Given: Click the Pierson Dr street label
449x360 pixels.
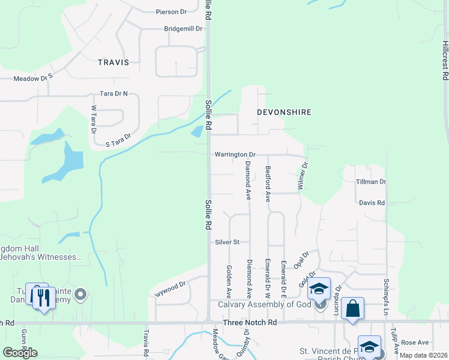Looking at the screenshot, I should (x=171, y=11).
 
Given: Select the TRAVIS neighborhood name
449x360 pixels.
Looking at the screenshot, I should (x=113, y=62).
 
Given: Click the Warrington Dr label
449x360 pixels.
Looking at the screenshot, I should (x=235, y=154).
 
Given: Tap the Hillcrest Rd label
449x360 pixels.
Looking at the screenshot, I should (x=445, y=61).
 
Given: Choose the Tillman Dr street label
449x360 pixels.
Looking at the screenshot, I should (x=370, y=181).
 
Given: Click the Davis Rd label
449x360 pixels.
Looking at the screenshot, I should (x=372, y=203).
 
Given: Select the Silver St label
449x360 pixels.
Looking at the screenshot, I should (x=228, y=242).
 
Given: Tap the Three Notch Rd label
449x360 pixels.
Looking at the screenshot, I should (x=250, y=323).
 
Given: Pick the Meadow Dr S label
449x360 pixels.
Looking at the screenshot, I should (x=34, y=78).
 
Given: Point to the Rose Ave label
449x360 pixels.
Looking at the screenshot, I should (x=415, y=342).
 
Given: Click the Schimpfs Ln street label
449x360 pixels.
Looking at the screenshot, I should (x=386, y=294).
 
